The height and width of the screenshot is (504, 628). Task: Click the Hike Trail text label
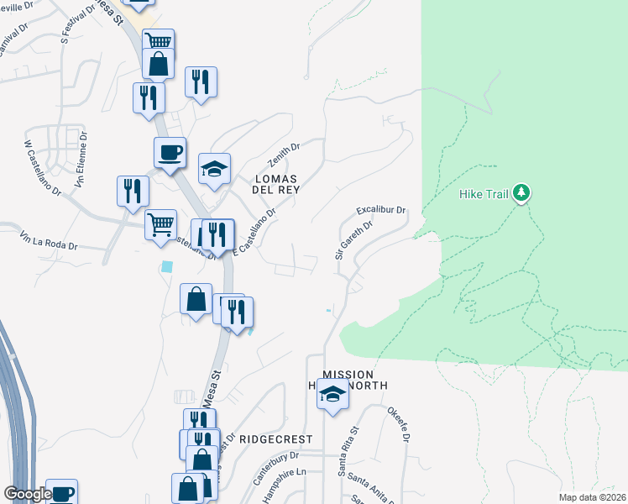click(484, 194)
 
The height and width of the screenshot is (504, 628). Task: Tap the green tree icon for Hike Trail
click(522, 193)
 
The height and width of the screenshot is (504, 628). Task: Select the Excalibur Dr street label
click(380, 209)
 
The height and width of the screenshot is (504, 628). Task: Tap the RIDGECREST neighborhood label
click(275, 439)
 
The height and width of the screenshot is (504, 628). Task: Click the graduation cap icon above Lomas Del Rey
click(214, 168)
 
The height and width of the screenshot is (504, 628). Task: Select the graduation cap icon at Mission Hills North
click(332, 393)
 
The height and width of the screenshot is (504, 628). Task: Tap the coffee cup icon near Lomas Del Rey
click(170, 153)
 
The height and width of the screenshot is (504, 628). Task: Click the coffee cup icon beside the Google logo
click(61, 493)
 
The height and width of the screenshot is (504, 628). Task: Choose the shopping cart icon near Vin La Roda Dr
click(160, 224)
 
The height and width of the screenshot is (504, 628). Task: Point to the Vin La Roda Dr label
click(50, 243)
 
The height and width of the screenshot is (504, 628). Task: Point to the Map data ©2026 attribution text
click(592, 497)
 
